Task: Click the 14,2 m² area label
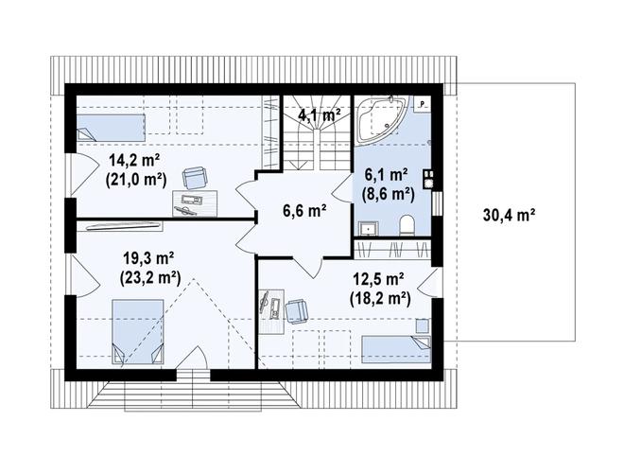pos(134,161)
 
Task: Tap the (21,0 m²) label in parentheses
pos(136,179)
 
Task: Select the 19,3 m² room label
pos(148,259)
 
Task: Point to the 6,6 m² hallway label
pos(304,211)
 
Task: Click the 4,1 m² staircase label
pos(320,115)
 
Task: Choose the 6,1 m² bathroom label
pos(387,175)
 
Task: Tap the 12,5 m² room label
pos(379,279)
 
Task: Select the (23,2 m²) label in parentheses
pos(150,278)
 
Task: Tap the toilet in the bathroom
pos(407,225)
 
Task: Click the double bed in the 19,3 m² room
pos(138,332)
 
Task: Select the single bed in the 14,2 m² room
pos(110,128)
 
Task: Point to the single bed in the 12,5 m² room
pos(396,349)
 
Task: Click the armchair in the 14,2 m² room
pos(196,178)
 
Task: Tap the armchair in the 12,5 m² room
pos(296,310)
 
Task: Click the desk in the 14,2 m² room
pos(195,203)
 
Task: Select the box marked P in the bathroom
pos(422,103)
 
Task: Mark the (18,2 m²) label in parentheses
pos(380,298)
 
